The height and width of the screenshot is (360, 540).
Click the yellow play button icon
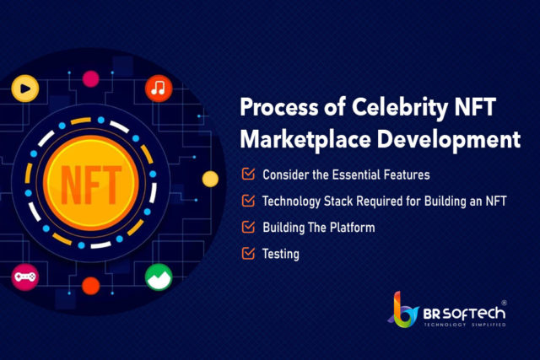25,89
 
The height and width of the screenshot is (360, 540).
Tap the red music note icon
159,89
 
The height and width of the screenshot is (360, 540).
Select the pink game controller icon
24,277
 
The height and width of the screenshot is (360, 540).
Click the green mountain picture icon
159,277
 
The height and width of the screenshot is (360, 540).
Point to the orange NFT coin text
91,184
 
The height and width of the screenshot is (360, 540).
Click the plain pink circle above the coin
90,78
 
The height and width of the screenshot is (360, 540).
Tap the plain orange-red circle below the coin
91,286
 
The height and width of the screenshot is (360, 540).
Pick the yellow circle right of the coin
210,180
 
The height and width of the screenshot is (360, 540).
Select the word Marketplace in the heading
305,140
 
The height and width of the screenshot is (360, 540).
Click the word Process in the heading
279,107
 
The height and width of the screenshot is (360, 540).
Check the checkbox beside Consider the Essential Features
248,174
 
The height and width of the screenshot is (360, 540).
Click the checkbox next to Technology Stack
248,201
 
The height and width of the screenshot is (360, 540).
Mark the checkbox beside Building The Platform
248,227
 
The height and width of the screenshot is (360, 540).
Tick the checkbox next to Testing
248,253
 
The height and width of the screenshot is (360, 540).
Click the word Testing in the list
281,255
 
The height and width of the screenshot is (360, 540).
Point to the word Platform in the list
353,228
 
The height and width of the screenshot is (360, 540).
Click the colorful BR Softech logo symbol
403,309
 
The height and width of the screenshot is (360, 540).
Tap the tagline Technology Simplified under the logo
465,325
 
